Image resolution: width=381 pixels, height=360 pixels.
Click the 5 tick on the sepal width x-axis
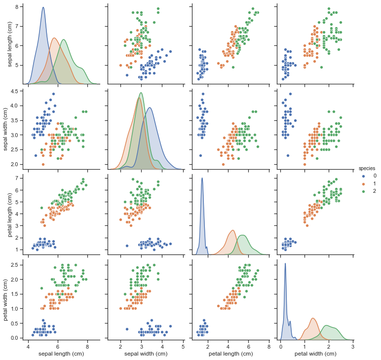(183, 347)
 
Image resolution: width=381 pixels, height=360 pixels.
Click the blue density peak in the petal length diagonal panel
(202, 178)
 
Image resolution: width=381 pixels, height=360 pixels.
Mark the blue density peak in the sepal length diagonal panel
(43, 7)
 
